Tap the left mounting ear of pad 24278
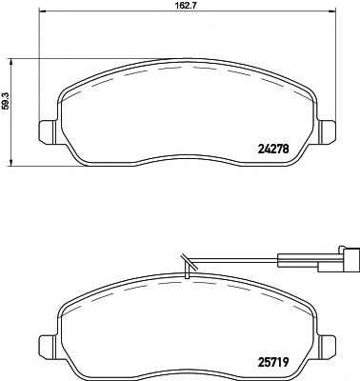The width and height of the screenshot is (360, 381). [45, 132]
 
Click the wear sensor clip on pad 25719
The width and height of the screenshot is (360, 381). [185, 271]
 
